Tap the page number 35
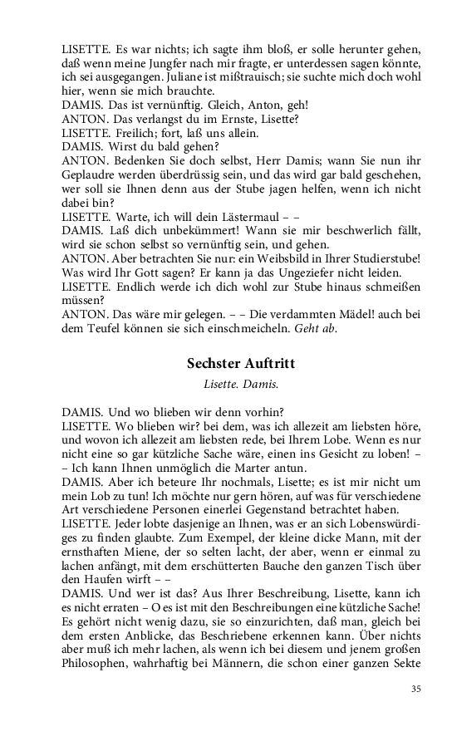point(417,689)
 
